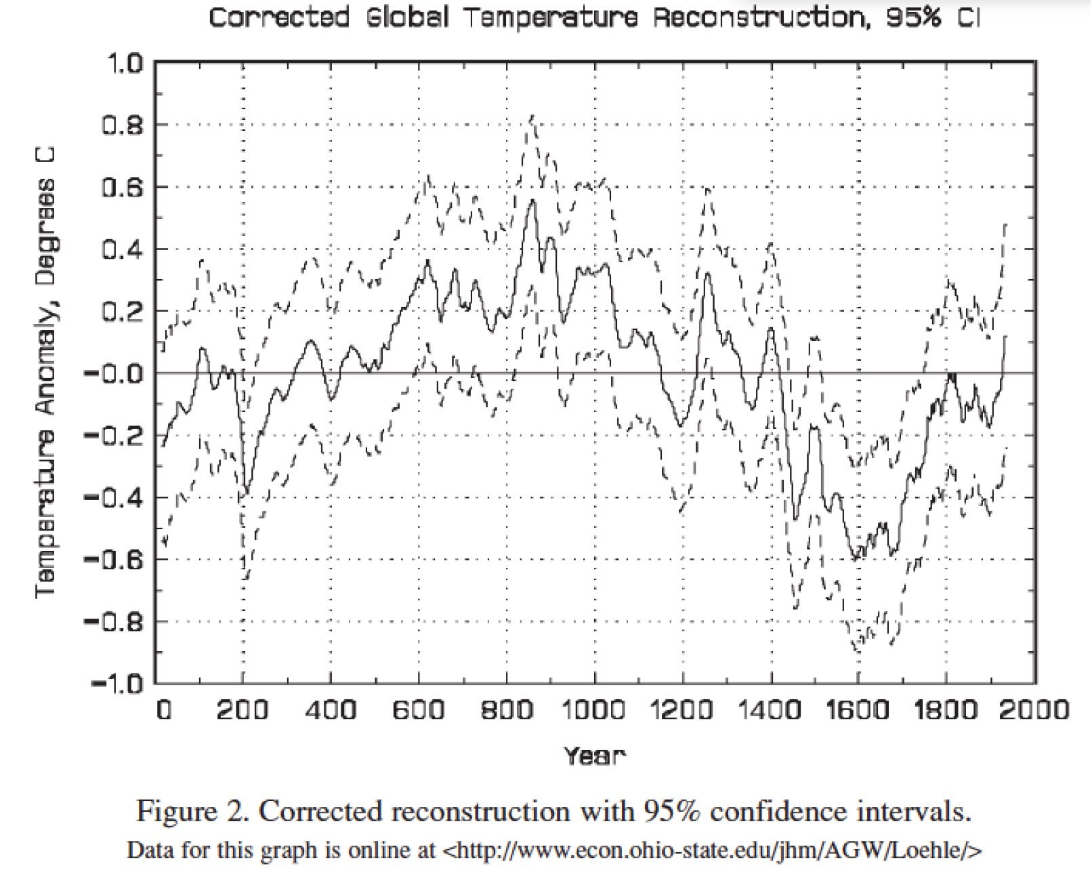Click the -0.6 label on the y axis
tap(114, 560)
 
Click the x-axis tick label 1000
tap(593, 711)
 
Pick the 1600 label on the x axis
tap(858, 711)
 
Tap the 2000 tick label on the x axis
tap(1035, 711)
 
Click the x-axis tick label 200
tap(242, 711)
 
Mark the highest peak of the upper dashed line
tap(532, 117)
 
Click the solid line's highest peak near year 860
tap(533, 201)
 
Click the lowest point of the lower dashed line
tap(858, 650)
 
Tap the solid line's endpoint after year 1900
tap(1006, 336)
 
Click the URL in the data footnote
tap(711, 850)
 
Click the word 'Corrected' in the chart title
tap(279, 18)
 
